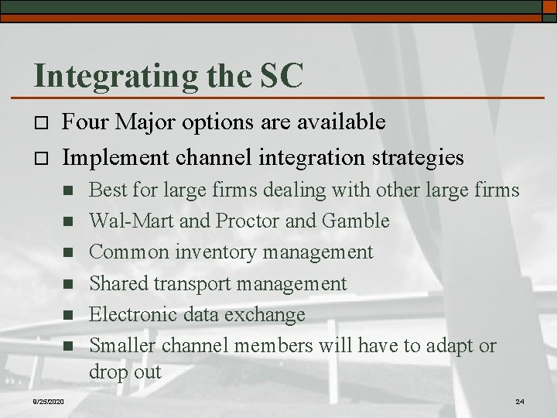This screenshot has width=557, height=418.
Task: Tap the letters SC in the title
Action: tap(278, 75)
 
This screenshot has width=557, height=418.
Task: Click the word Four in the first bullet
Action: tap(84, 122)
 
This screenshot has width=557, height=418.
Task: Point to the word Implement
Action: tap(116, 157)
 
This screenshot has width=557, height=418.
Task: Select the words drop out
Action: tap(125, 371)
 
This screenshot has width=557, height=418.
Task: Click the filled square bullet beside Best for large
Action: tap(67, 190)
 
